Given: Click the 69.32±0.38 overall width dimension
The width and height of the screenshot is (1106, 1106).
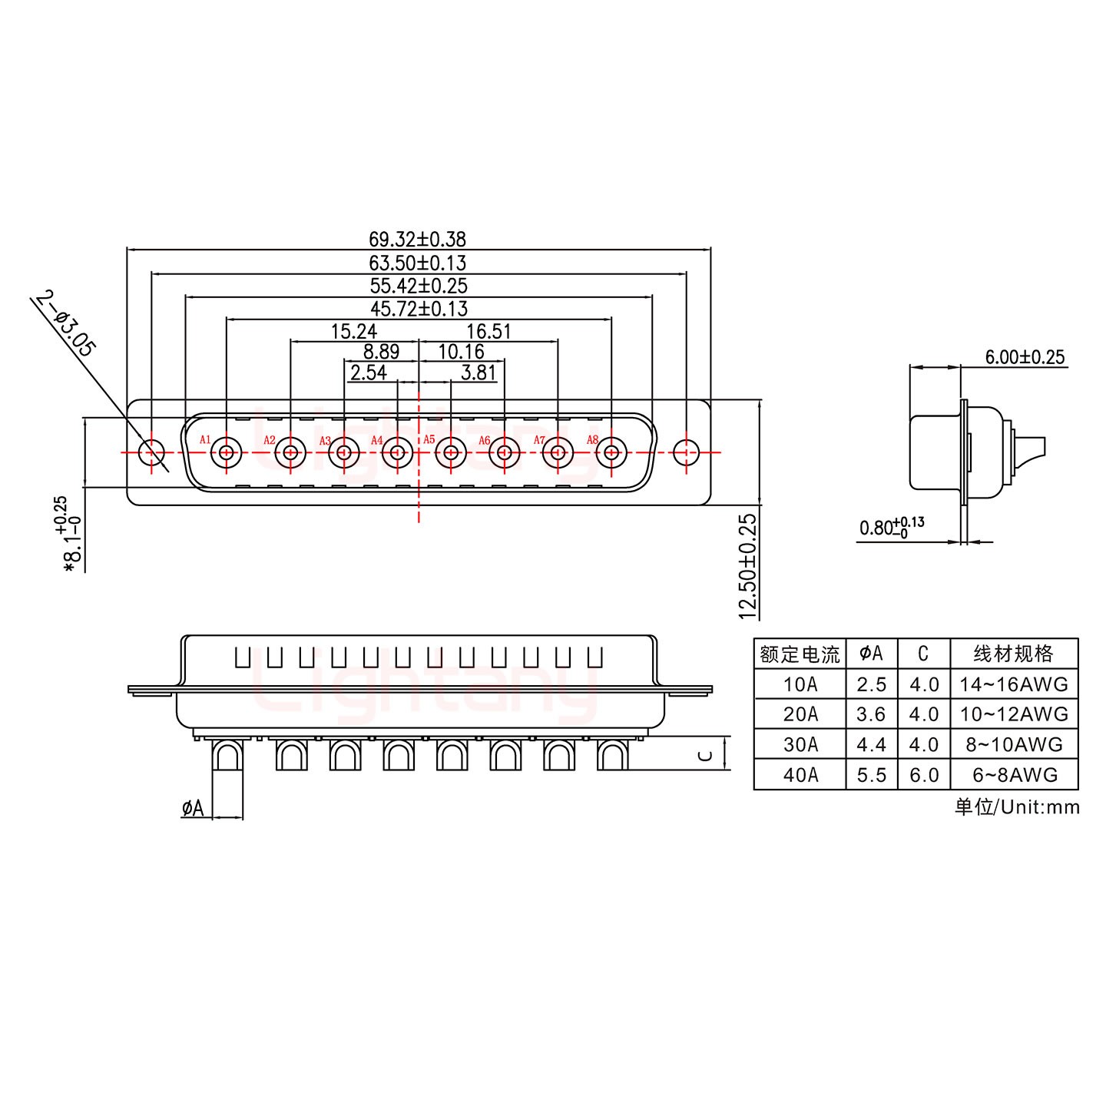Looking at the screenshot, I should (418, 240).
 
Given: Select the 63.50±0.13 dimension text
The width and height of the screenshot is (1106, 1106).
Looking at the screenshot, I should (418, 263).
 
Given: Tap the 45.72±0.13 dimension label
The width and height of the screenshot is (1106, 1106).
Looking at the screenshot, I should (418, 309).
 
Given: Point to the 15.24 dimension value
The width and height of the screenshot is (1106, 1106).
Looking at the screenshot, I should (353, 332).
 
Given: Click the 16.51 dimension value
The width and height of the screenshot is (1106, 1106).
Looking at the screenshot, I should (488, 332).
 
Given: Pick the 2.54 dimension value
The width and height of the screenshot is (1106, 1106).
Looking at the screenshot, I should (368, 374).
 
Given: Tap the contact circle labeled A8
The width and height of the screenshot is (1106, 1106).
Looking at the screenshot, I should (611, 452).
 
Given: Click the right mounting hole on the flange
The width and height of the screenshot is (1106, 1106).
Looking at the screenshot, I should (685, 452).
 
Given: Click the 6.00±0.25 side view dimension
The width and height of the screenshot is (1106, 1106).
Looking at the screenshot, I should (1025, 357).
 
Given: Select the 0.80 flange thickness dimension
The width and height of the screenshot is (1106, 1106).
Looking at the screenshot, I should (891, 528).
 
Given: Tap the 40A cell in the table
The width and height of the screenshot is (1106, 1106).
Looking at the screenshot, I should (800, 775).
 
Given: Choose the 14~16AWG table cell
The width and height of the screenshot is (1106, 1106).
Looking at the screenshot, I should (1014, 684).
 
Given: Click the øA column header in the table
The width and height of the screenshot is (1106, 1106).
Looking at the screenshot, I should (871, 654).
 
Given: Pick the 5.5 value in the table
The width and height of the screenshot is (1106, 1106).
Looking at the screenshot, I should (871, 775).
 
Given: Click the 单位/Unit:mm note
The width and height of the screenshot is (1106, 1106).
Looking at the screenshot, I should (1017, 807).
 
